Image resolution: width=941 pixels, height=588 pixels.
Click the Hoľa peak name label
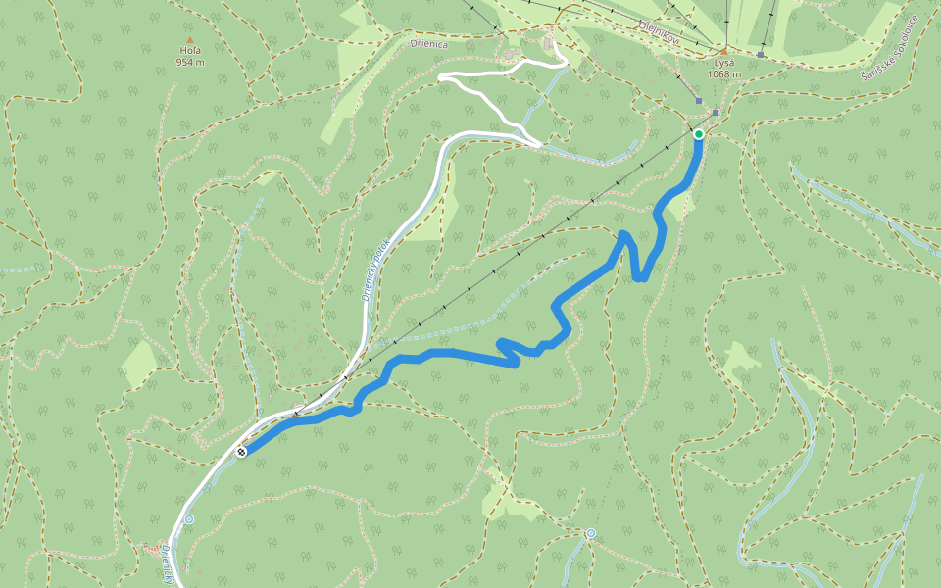pyautogui.click(x=190, y=51)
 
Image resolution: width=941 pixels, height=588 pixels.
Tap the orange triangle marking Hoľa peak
pyautogui.click(x=190, y=40)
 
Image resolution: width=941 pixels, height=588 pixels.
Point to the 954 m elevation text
pyautogui.click(x=190, y=63)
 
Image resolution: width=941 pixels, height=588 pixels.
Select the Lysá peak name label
pyautogui.click(x=724, y=63)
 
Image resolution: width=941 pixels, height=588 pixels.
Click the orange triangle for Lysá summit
pyautogui.click(x=724, y=51)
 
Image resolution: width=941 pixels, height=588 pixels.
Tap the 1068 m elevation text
pyautogui.click(x=724, y=74)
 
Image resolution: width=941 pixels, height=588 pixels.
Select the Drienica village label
pyautogui.click(x=431, y=42)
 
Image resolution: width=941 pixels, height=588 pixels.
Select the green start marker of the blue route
pyautogui.click(x=698, y=134)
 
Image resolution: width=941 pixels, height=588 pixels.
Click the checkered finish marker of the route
pyautogui.click(x=240, y=452)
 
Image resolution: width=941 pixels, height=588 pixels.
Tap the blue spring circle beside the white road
pyautogui.click(x=189, y=519)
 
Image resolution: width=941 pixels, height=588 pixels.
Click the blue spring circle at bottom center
pyautogui.click(x=591, y=533)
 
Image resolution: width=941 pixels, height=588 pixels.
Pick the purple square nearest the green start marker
pyautogui.click(x=716, y=113)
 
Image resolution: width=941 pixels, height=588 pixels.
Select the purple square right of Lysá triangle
pyautogui.click(x=761, y=55)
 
